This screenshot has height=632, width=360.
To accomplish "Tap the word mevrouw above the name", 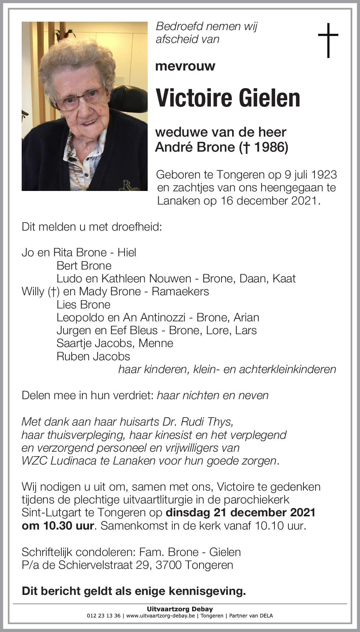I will click(x=185, y=66).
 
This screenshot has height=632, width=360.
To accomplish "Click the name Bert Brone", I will click(x=84, y=266).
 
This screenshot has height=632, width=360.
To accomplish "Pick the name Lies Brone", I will click(x=83, y=304).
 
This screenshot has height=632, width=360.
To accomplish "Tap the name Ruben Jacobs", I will click(x=93, y=356).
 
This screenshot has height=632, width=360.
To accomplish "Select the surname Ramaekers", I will click(x=180, y=292).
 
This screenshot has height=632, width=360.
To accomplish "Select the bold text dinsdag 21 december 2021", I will click(x=241, y=512).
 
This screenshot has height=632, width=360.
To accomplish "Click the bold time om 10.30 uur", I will click(x=58, y=526).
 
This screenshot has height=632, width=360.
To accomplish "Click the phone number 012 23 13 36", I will click(x=104, y=616).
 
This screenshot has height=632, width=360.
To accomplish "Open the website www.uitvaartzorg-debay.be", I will click(x=161, y=616).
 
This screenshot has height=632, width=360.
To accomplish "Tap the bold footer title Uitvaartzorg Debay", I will click(x=180, y=609).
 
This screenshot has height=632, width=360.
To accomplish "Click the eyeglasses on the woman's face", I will click(x=82, y=98).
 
